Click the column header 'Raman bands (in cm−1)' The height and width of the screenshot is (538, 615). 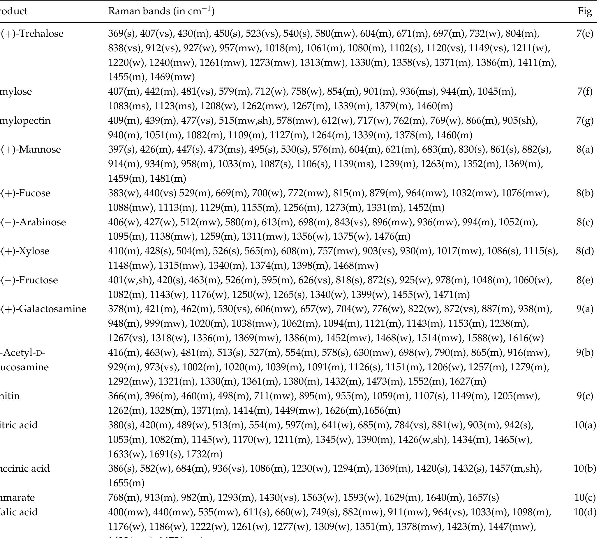tap(161, 11)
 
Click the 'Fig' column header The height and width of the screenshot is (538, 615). tap(585, 11)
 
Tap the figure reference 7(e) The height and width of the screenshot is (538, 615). tap(585, 33)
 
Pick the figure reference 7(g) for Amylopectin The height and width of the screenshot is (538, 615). tap(585, 121)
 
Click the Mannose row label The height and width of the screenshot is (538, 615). tap(31, 149)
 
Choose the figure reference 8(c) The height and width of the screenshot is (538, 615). tap(585, 222)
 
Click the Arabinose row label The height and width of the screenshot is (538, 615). tap(33, 222)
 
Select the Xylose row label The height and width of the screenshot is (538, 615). tap(25, 251)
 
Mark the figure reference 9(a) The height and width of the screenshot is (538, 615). tap(585, 309)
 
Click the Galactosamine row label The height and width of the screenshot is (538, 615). tap(43, 309)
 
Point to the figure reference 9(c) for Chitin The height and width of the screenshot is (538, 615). tap(585, 396)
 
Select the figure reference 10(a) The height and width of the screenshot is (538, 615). tap(585, 425)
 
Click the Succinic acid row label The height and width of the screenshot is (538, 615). tap(25, 468)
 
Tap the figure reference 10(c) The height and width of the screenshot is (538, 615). tap(585, 498)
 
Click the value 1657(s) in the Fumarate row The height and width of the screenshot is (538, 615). tap(483, 498)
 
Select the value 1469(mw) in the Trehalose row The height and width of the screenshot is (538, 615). tap(172, 77)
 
